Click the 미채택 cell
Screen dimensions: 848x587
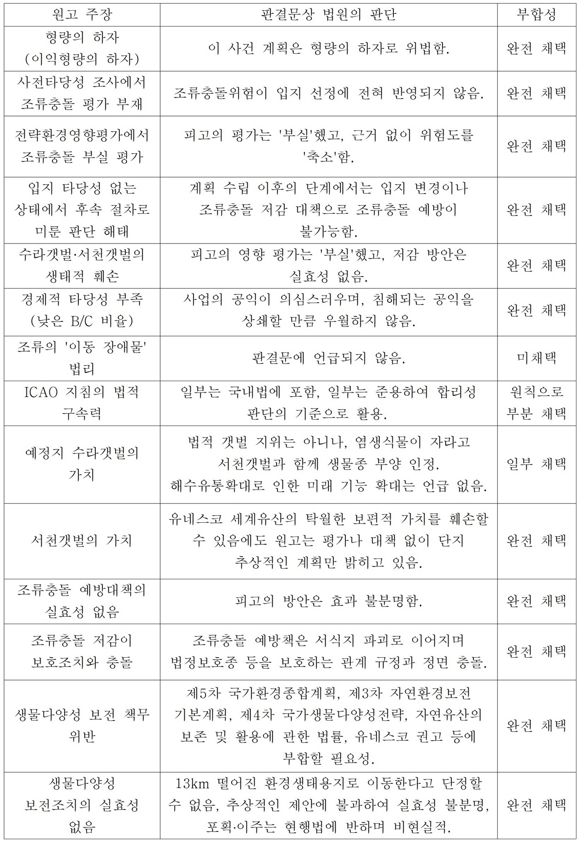click(x=536, y=358)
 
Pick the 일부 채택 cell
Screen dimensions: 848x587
click(x=536, y=464)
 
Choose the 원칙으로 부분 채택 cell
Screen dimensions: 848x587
click(x=536, y=403)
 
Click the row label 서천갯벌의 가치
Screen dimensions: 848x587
click(x=82, y=541)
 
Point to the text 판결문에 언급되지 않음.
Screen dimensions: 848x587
click(x=328, y=358)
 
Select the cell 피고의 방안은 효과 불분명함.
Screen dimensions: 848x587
click(x=328, y=601)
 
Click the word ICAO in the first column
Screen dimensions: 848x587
click(x=40, y=392)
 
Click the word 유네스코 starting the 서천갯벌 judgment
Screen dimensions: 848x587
click(x=195, y=519)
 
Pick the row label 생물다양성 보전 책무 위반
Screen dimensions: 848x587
click(x=82, y=726)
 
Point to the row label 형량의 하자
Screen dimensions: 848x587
click(x=82, y=38)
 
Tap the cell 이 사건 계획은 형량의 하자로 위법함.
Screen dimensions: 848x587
click(x=328, y=48)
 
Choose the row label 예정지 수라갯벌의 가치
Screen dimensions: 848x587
click(x=82, y=464)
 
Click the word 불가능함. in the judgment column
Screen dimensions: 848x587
click(x=328, y=232)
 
